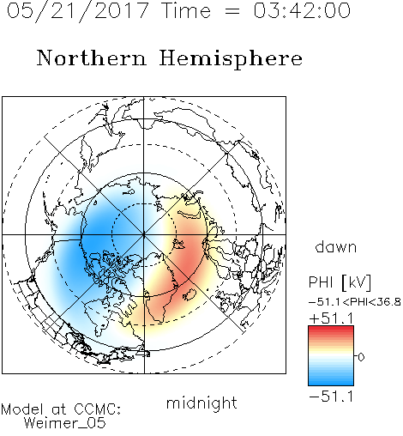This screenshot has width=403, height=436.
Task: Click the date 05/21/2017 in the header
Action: coord(78,11)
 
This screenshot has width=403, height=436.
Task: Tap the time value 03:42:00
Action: coord(302,10)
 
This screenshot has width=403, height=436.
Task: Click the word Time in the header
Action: coord(186,10)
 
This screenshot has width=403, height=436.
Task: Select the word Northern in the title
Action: coord(92,58)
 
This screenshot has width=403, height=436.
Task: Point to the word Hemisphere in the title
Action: coord(231,59)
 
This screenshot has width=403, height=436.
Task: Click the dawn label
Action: coord(336,246)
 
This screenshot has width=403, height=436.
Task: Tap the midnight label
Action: coord(201,403)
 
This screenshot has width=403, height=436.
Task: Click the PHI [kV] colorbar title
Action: coord(340,282)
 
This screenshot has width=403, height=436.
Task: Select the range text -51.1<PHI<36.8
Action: coord(355,302)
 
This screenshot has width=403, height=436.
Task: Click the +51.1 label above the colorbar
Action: coord(331,318)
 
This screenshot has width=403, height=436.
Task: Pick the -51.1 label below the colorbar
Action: coord(331,397)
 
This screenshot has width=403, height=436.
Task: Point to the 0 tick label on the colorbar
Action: coord(361,357)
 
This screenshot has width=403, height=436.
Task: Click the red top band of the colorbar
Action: coord(331,330)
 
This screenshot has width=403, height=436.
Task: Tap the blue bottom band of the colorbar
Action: coord(331,380)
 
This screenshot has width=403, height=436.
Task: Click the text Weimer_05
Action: coord(65,423)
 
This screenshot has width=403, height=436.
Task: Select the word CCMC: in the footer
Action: coord(97,409)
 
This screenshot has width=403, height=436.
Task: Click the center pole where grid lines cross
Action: coord(144,234)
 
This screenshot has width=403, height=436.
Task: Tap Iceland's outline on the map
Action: coord(189,294)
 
